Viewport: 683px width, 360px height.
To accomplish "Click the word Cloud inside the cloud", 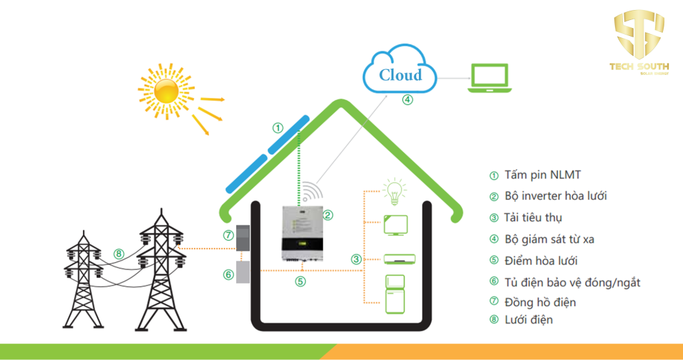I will tap(400, 75).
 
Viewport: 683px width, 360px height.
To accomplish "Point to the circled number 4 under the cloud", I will tap(407, 100).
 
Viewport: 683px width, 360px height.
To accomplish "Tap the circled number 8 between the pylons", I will tap(119, 253).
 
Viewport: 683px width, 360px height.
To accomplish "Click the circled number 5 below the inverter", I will tap(301, 281).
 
